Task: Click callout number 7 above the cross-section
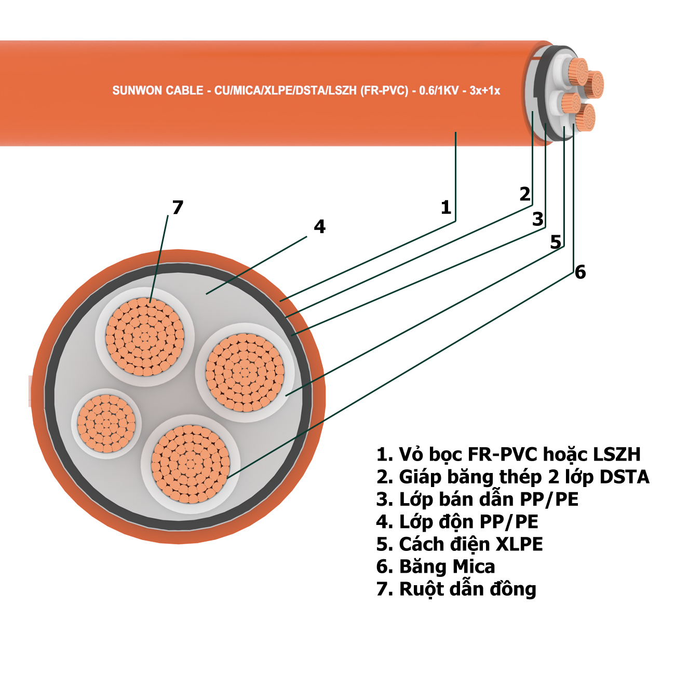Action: (x=178, y=207)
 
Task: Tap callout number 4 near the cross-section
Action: (x=319, y=226)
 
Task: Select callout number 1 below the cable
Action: (x=446, y=207)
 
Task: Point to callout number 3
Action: (x=538, y=219)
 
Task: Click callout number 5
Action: (x=556, y=241)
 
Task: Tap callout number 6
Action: (x=580, y=272)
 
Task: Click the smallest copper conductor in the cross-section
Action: (x=106, y=423)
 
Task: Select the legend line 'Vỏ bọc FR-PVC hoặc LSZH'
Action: (x=509, y=454)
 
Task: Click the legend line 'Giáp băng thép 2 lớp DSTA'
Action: (x=513, y=477)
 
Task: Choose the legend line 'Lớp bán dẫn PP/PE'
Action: (x=478, y=499)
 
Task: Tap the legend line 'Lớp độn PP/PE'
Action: (x=457, y=521)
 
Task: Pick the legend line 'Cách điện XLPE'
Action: (x=460, y=544)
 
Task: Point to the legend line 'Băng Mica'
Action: (x=436, y=566)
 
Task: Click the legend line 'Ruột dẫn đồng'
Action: (x=456, y=589)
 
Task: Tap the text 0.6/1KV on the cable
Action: (x=439, y=91)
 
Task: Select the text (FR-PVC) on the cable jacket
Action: (x=384, y=91)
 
